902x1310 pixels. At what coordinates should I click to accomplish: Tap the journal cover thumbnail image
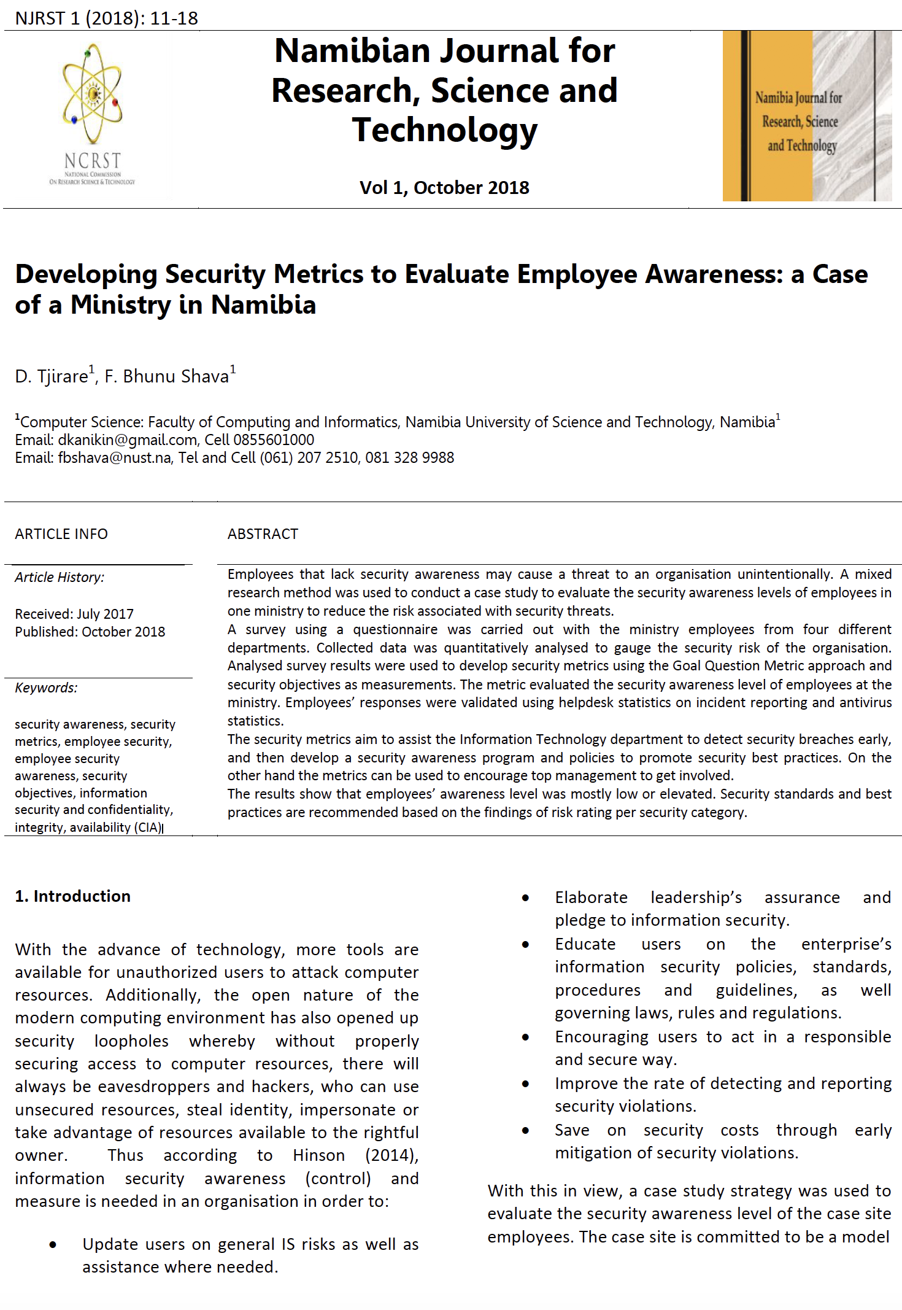point(806,116)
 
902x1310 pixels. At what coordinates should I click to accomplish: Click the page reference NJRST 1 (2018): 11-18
point(106,18)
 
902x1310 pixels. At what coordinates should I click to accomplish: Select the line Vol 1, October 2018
point(444,188)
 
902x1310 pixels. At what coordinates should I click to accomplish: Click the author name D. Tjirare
point(52,376)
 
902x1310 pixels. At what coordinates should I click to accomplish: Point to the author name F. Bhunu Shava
point(166,376)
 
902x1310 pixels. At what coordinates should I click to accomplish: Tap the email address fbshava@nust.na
point(114,458)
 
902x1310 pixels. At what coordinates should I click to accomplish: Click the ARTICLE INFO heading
point(61,534)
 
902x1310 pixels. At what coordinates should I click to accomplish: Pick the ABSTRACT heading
point(263,534)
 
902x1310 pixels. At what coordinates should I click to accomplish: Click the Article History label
point(60,578)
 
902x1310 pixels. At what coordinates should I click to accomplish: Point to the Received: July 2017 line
point(74,614)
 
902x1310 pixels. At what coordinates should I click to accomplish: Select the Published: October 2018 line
point(90,632)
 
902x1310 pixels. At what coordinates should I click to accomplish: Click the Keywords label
point(46,688)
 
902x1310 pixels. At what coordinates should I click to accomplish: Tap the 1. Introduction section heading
point(72,896)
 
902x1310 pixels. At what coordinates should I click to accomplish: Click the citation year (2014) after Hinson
point(391,1155)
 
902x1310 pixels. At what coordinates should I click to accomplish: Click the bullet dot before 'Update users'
point(53,1245)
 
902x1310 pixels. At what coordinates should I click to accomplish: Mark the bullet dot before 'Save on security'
point(525,1131)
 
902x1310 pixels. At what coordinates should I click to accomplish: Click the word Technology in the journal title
point(444,130)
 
